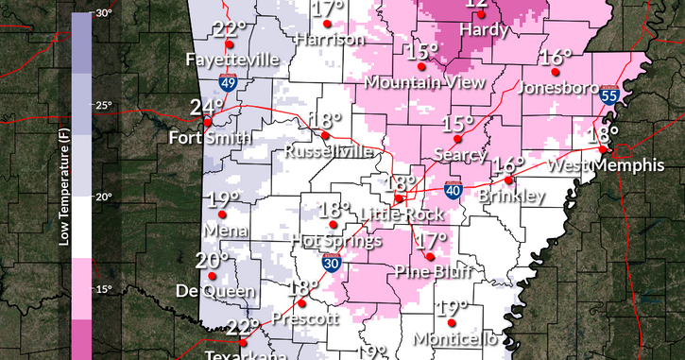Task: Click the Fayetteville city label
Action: (232, 60)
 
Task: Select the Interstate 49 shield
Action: (229, 83)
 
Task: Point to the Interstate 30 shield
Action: (331, 265)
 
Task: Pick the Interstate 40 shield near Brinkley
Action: (454, 191)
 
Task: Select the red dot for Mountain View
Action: (424, 66)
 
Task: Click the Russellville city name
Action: (328, 150)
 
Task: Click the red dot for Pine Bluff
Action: (430, 256)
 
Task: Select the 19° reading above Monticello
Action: (453, 308)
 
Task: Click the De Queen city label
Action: (213, 291)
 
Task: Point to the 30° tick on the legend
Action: (104, 13)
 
